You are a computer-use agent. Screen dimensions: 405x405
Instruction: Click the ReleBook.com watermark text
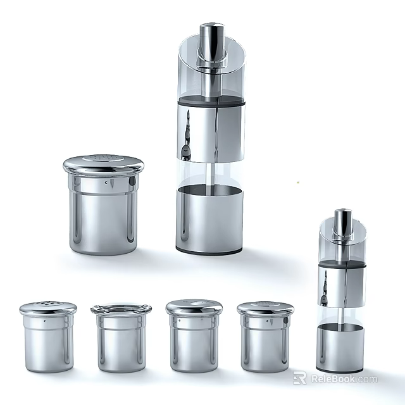tap(342, 379)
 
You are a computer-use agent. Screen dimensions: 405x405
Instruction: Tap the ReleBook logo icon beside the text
tap(299, 378)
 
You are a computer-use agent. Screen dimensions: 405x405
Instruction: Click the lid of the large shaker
tap(103, 165)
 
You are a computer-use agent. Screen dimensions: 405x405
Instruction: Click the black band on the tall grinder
tap(209, 101)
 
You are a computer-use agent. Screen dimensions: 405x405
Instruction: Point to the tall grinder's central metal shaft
tap(209, 171)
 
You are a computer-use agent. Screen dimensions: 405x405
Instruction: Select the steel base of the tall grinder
tap(209, 218)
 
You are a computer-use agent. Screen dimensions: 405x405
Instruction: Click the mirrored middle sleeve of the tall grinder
tap(209, 133)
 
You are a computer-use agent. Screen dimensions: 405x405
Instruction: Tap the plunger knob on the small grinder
tap(342, 223)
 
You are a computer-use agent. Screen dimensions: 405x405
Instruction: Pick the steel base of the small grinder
tap(340, 346)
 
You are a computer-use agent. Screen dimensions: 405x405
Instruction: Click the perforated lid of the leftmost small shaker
tap(48, 308)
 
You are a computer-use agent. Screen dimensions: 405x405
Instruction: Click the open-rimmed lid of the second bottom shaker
tap(121, 309)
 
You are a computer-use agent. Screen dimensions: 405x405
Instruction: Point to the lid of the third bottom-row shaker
tap(194, 307)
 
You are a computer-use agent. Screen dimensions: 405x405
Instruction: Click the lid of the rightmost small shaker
tap(265, 308)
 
